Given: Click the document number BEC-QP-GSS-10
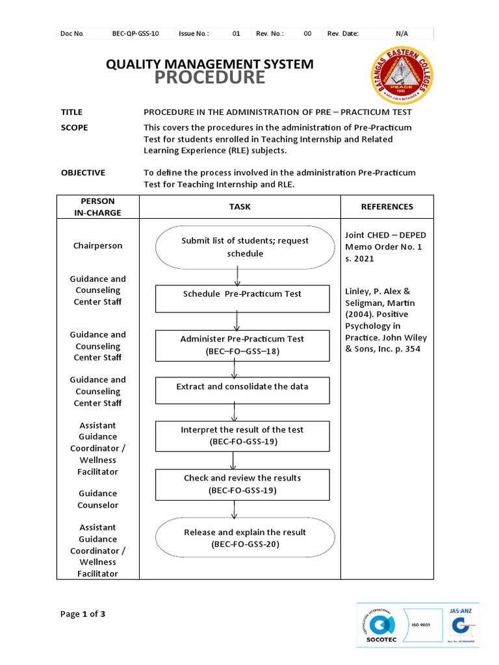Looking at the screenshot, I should (x=135, y=34).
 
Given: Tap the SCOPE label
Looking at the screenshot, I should (x=74, y=128).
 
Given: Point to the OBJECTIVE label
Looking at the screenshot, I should (x=83, y=173).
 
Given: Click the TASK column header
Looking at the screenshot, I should (x=240, y=207).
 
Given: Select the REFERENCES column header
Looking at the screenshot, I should (x=387, y=207).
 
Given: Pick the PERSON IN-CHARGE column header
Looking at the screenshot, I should (x=97, y=207).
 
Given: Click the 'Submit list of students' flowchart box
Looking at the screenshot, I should (x=245, y=247).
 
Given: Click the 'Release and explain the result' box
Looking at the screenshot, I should (x=245, y=538).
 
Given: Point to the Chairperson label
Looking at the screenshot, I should (x=97, y=246).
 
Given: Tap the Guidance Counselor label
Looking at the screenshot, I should (x=97, y=499).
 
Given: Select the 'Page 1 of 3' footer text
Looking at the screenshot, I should (x=83, y=614).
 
